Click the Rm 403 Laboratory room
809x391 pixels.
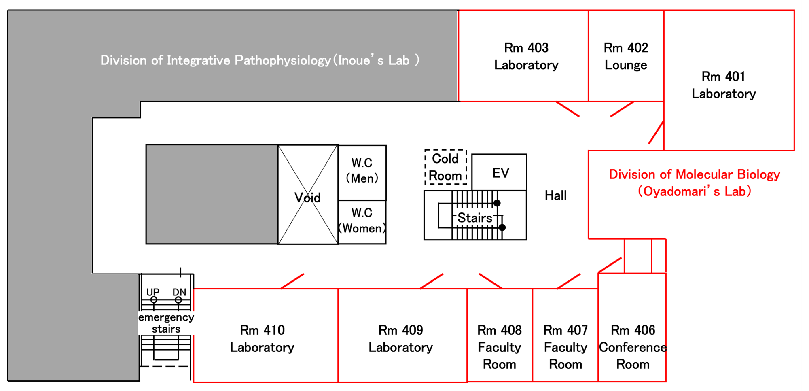point(523,56)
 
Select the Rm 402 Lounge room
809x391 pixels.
point(626,56)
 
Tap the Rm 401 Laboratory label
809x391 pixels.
point(724,85)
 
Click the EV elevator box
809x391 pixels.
point(500,172)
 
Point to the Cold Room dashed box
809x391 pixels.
point(446,167)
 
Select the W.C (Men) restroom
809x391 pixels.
point(362,172)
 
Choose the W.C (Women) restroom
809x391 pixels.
point(362,222)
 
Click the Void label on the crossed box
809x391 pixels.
point(307,198)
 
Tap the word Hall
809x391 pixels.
point(555,195)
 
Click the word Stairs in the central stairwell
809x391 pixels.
point(475,218)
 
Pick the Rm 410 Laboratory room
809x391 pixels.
point(266,336)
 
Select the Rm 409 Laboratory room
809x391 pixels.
point(402,336)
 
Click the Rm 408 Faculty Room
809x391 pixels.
point(500,336)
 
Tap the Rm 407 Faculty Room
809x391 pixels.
point(565,336)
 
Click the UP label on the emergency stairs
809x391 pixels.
point(153,292)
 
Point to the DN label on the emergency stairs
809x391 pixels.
point(179,292)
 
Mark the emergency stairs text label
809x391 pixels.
point(166,323)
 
